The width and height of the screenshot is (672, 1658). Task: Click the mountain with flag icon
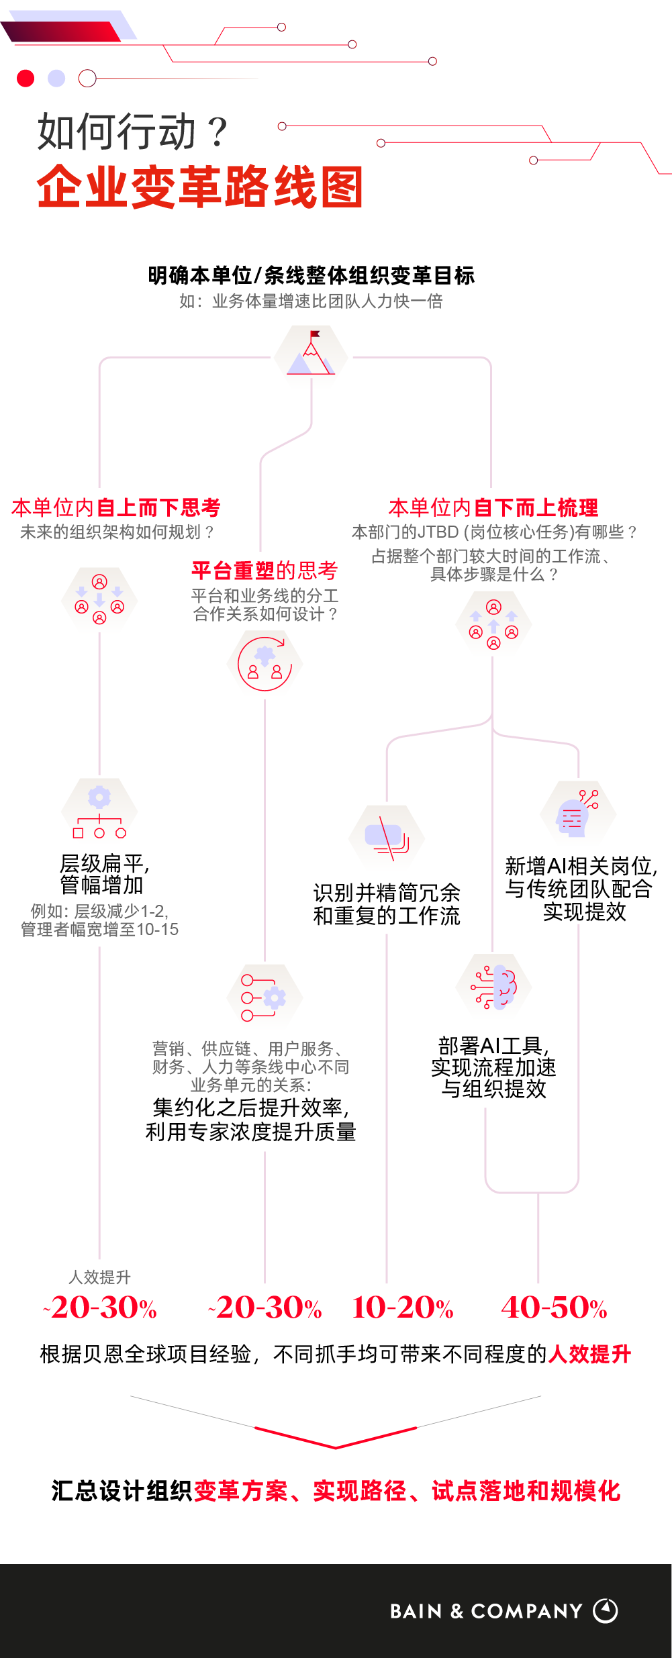311,354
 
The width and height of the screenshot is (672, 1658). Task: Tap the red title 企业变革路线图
200,187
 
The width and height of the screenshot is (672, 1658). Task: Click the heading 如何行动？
133,132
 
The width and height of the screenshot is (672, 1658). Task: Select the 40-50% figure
555,1308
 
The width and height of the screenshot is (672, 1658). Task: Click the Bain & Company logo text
486,1611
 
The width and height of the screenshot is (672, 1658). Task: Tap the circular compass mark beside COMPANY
606,1610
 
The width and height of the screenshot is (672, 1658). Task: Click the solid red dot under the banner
26,79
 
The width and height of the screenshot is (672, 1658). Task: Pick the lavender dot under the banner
56,79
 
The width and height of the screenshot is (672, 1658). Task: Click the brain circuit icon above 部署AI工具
494,987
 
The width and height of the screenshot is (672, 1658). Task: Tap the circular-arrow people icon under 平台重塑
265,664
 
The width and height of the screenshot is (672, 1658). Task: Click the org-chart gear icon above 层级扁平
99,812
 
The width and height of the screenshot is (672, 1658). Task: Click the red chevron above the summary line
336,1438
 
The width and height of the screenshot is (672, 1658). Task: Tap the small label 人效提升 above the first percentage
99,1277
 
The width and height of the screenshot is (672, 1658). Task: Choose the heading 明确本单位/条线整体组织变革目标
311,275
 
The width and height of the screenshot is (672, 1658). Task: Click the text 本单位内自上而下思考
116,507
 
